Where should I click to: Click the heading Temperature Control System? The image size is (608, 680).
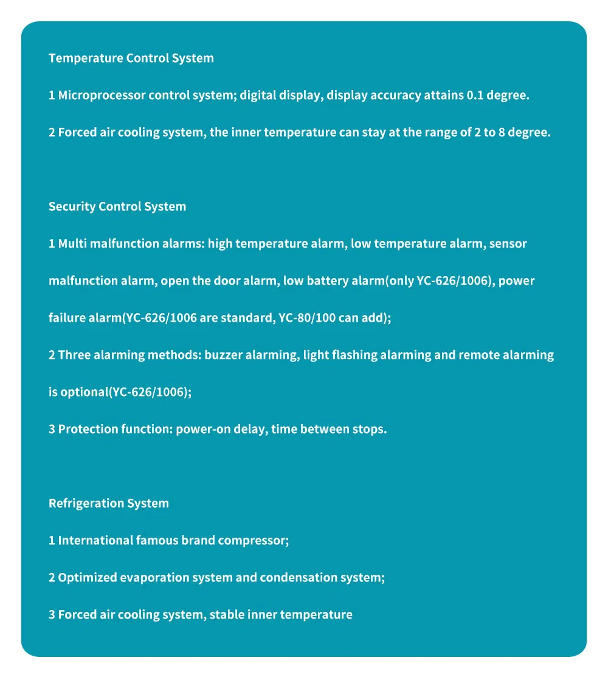(x=131, y=58)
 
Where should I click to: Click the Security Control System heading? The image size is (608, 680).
(x=117, y=206)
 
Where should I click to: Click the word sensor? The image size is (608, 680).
(x=508, y=243)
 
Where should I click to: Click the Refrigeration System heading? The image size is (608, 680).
(x=109, y=503)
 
